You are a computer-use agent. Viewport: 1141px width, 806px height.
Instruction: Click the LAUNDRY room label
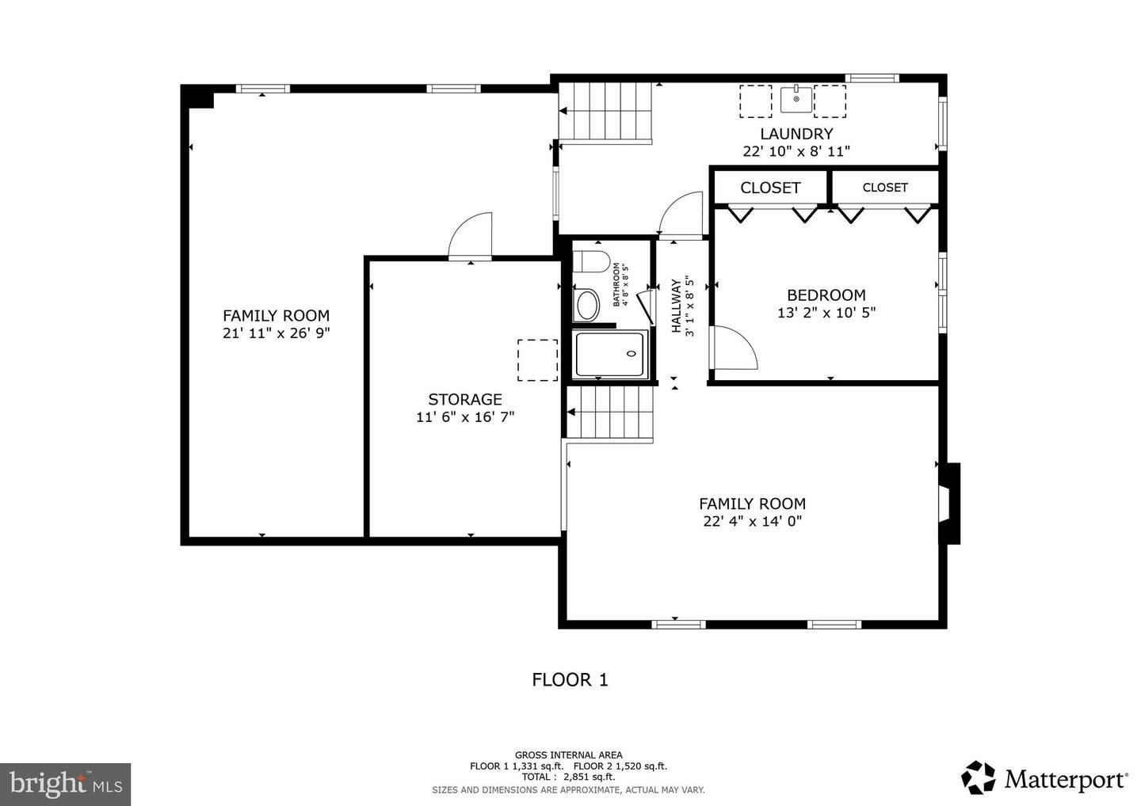pyautogui.click(x=796, y=134)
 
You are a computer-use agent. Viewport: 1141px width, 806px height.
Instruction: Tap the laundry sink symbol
pyautogui.click(x=796, y=100)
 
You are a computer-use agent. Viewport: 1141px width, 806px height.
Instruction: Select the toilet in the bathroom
pyautogui.click(x=590, y=261)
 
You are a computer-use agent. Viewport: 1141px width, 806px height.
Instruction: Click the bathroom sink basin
pyautogui.click(x=587, y=306)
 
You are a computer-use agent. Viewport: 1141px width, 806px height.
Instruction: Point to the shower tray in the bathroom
pyautogui.click(x=611, y=354)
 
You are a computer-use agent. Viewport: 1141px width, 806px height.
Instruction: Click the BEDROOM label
pyautogui.click(x=826, y=295)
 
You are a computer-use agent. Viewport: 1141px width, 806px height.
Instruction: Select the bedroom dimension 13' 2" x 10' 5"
pyautogui.click(x=826, y=313)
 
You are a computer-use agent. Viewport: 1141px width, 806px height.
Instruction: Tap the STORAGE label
pyautogui.click(x=465, y=399)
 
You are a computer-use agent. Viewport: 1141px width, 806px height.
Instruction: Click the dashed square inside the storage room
pyautogui.click(x=537, y=360)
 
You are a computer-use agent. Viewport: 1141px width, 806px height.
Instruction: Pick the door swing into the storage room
pyautogui.click(x=471, y=236)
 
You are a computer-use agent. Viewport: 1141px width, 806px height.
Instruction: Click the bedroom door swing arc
pyautogui.click(x=735, y=348)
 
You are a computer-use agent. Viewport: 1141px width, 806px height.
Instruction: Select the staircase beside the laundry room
pyautogui.click(x=606, y=112)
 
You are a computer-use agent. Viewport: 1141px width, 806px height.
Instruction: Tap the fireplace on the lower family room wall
pyautogui.click(x=948, y=504)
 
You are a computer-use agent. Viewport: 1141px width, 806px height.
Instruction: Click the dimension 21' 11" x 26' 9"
pyautogui.click(x=276, y=333)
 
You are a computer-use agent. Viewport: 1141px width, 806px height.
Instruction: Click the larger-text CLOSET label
pyautogui.click(x=770, y=188)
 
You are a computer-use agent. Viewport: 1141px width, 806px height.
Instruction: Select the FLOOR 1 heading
pyautogui.click(x=570, y=679)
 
